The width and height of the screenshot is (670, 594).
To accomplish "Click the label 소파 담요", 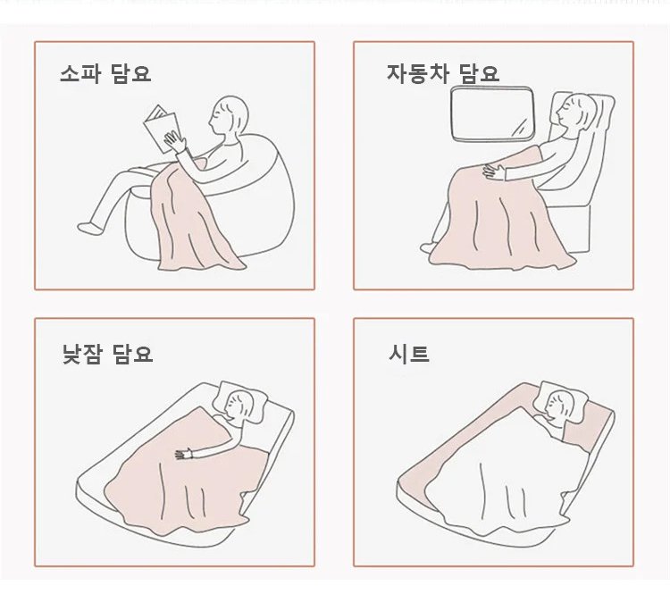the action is pos(105,73).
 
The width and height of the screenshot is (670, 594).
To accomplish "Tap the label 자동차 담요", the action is pos(443,73).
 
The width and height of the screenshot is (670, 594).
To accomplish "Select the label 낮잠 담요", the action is pos(107,354).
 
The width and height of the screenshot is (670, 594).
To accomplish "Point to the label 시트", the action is pos(409,354).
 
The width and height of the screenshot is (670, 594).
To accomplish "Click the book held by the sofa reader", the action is pos(162,129).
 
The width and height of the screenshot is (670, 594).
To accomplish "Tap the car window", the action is pos(492,113).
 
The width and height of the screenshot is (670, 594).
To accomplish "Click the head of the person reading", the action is pos(229,114).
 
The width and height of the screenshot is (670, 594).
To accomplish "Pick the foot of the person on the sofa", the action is pos(89,228).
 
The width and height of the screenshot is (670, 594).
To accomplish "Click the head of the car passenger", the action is pos(574,113).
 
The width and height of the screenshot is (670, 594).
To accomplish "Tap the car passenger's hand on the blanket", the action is pos(494,172).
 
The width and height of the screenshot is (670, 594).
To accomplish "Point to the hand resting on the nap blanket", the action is pos(185,454).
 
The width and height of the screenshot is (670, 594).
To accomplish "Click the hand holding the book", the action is pos(175,141).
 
